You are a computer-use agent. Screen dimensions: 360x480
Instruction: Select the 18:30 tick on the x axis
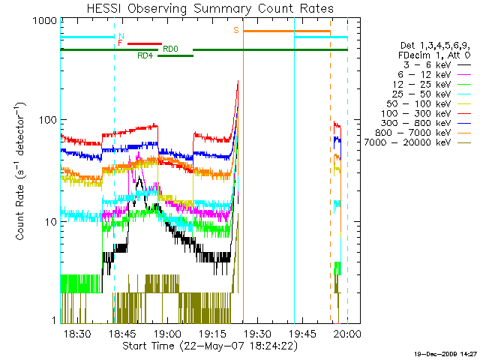[x=78, y=332]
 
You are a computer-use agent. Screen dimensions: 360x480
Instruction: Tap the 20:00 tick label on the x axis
[x=347, y=332]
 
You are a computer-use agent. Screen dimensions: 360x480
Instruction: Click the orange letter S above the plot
[x=235, y=30]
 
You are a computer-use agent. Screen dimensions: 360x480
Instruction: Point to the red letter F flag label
[x=120, y=43]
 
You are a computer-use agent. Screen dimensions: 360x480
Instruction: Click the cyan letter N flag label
[x=121, y=36]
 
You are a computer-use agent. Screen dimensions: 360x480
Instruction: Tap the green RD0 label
[x=171, y=49]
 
